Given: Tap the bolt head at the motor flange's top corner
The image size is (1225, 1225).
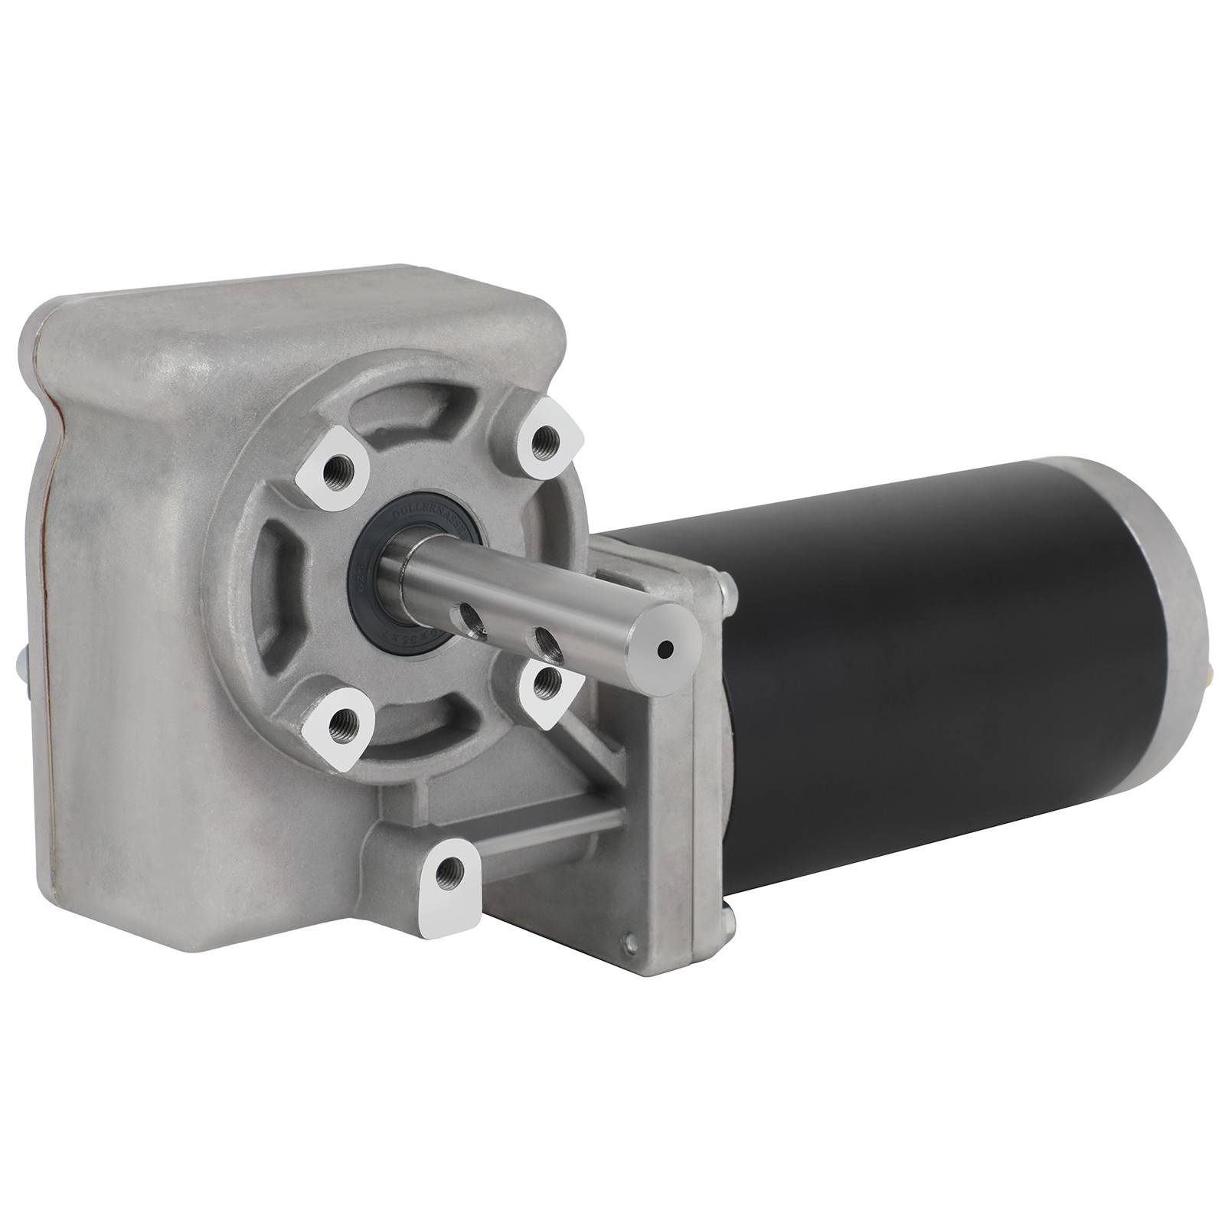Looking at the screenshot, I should coord(727,590).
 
